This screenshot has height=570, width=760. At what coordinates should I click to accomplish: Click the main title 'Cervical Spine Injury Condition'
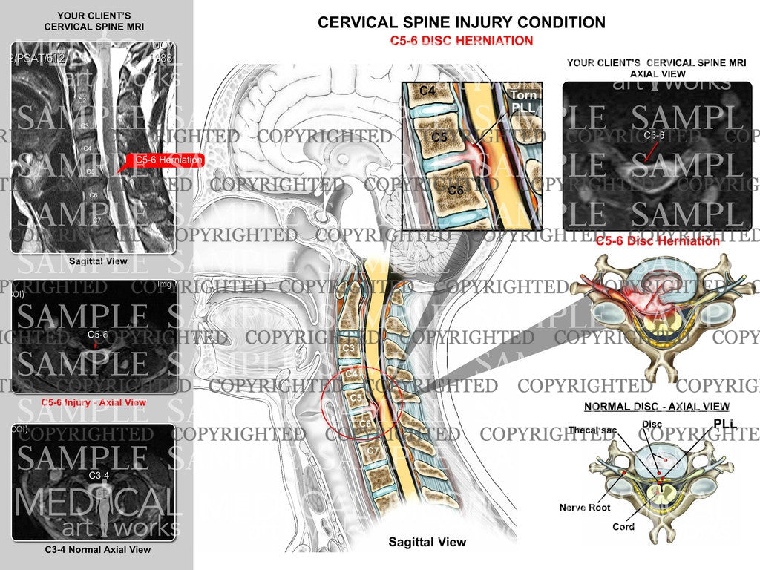(461, 22)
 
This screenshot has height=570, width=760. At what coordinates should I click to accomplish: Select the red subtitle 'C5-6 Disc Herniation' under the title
(461, 41)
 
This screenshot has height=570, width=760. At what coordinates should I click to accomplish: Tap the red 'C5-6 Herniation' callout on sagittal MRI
(168, 160)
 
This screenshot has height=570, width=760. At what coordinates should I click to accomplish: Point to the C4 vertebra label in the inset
(426, 91)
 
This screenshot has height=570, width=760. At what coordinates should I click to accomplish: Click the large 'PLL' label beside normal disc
(725, 423)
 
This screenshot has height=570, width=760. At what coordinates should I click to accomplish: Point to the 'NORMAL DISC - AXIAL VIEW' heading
(656, 407)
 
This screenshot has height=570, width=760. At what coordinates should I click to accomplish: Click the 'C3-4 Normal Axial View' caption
(94, 550)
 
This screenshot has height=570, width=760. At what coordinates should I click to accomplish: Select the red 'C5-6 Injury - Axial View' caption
(94, 402)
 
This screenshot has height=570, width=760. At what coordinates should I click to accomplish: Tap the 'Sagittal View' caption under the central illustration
(427, 542)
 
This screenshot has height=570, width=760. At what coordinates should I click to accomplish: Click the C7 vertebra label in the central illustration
(373, 450)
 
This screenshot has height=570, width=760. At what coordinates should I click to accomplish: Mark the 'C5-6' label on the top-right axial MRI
(654, 135)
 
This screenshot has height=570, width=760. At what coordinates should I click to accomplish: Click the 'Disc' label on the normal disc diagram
(652, 425)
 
